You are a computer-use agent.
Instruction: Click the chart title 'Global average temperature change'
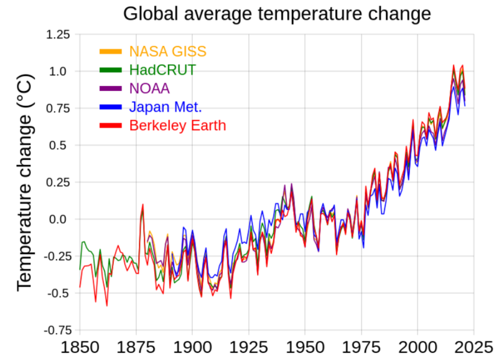[276, 14]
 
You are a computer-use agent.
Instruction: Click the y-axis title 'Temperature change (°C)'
[25, 181]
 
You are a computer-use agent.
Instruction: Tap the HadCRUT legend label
[162, 70]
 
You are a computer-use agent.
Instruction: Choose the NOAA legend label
[149, 88]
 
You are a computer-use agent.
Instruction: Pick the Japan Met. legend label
[166, 107]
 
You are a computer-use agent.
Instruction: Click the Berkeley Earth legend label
[177, 126]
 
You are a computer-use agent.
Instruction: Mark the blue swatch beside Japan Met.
[112, 107]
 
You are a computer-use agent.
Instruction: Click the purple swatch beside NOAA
[112, 88]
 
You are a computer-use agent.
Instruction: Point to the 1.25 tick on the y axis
[58, 34]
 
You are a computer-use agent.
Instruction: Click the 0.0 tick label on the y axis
[61, 219]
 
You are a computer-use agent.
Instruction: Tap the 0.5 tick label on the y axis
[61, 145]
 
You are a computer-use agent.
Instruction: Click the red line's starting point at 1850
[80, 287]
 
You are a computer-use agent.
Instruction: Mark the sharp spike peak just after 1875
[143, 204]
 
